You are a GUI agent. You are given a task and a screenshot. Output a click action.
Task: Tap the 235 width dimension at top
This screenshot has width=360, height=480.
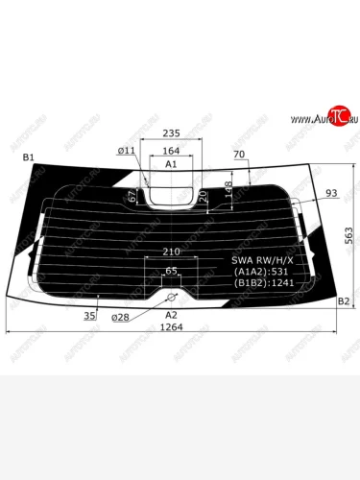pyautogui.click(x=172, y=134)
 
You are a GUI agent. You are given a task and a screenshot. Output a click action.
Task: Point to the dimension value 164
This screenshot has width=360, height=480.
pyautogui.click(x=172, y=151)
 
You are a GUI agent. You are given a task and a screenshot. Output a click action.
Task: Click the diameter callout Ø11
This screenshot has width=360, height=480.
pyautogui.click(x=127, y=151)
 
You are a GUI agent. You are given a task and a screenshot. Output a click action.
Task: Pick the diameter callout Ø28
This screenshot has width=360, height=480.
pyautogui.click(x=120, y=315)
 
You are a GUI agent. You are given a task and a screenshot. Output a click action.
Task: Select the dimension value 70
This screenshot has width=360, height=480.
pyautogui.click(x=239, y=154)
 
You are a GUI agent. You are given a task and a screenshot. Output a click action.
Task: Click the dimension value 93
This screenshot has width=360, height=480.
pyautogui.click(x=331, y=194)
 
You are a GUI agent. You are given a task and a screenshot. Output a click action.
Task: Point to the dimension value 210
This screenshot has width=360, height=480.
pyautogui.click(x=172, y=252)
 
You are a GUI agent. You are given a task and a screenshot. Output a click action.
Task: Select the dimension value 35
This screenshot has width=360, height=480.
pyautogui.click(x=88, y=315)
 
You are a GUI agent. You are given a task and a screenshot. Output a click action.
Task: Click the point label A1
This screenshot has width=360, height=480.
pyautogui.click(x=172, y=165)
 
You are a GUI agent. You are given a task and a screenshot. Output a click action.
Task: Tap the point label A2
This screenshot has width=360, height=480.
pyautogui.click(x=172, y=314)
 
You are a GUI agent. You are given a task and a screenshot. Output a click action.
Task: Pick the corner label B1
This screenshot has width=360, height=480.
pyautogui.click(x=28, y=157)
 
